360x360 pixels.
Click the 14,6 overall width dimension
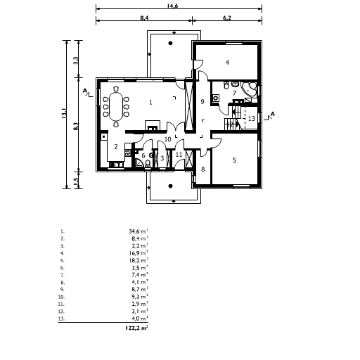(x=172, y=6)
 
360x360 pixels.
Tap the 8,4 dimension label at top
(x=144, y=18)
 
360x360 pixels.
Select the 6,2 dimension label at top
(x=227, y=18)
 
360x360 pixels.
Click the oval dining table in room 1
(x=116, y=107)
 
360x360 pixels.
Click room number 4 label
(x=227, y=63)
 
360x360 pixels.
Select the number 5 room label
(x=234, y=160)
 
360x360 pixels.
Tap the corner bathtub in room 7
(x=250, y=89)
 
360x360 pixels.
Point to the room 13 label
(x=252, y=118)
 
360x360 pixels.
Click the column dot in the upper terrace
(x=171, y=43)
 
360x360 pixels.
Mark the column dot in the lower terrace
(x=171, y=186)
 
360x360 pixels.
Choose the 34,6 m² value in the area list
(x=139, y=231)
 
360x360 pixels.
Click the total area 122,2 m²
(x=136, y=328)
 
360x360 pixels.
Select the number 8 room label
(x=203, y=169)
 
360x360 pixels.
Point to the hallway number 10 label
(x=168, y=139)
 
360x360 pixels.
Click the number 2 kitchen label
(x=116, y=147)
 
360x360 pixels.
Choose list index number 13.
(x=61, y=319)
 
